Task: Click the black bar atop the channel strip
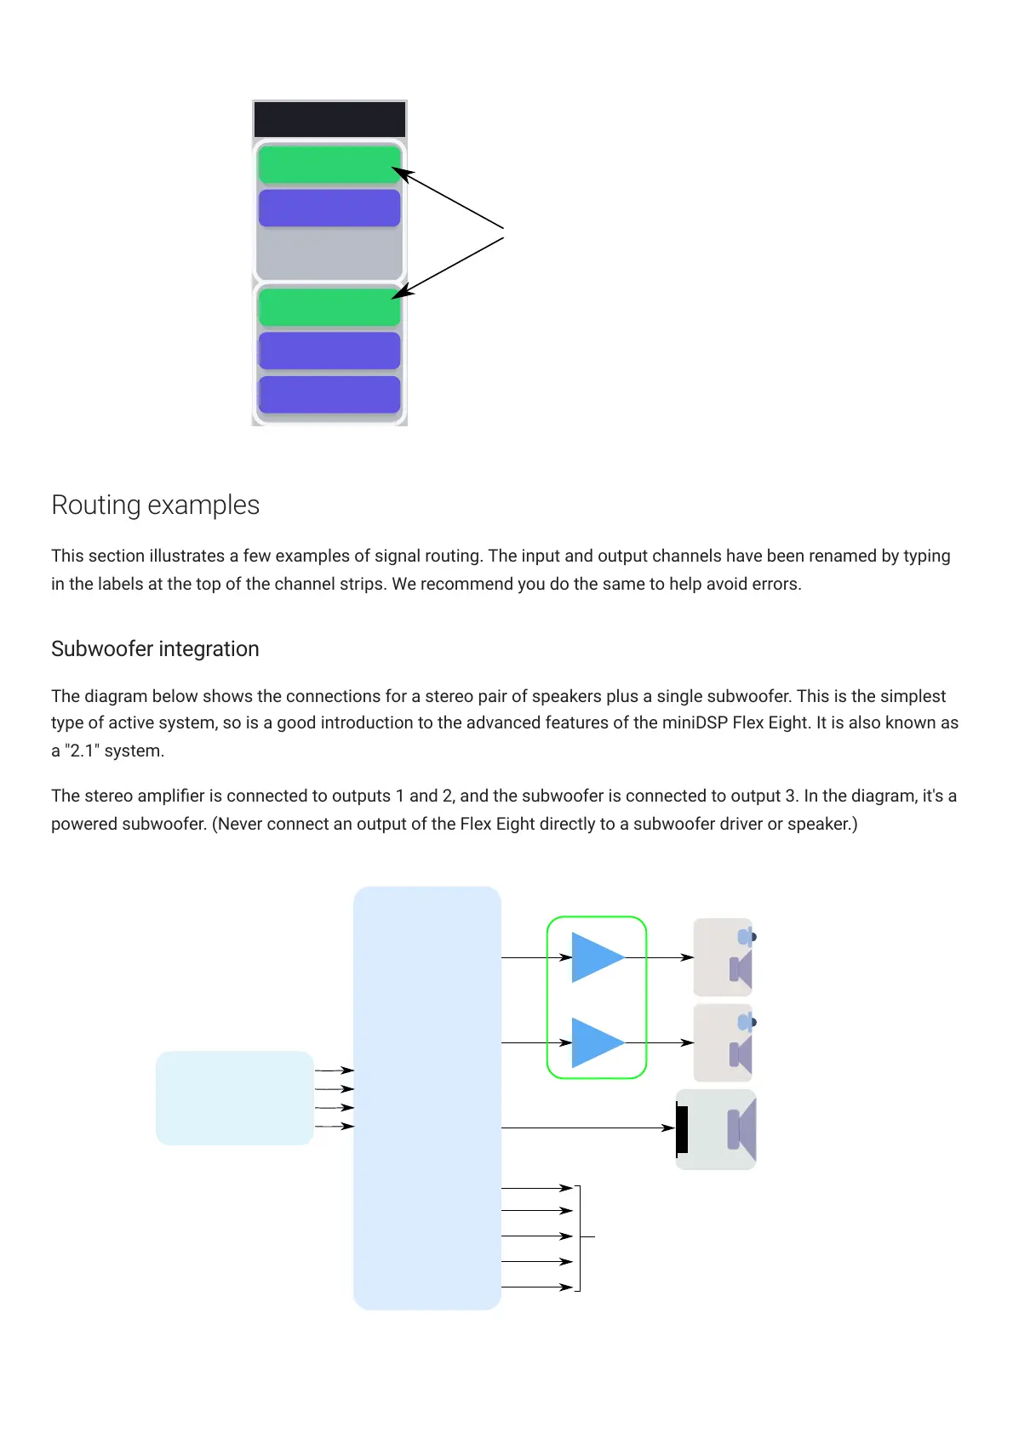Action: click(x=329, y=119)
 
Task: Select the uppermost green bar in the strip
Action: click(x=329, y=164)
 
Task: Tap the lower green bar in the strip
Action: click(x=329, y=307)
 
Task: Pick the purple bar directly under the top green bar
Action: click(x=329, y=208)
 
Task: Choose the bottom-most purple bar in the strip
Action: click(x=329, y=395)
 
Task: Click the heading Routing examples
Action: click(x=155, y=505)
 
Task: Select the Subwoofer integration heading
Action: click(x=155, y=649)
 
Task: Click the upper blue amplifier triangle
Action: click(x=596, y=957)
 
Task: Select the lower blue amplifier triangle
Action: click(x=596, y=1042)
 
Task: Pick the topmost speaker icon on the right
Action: click(x=724, y=957)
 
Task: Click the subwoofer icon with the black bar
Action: click(x=716, y=1129)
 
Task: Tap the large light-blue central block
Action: click(x=426, y=1098)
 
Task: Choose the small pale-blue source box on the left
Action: click(x=235, y=1098)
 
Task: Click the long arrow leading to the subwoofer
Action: click(x=587, y=1128)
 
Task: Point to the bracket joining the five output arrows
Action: click(x=580, y=1237)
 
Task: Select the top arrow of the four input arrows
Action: click(x=334, y=1070)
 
